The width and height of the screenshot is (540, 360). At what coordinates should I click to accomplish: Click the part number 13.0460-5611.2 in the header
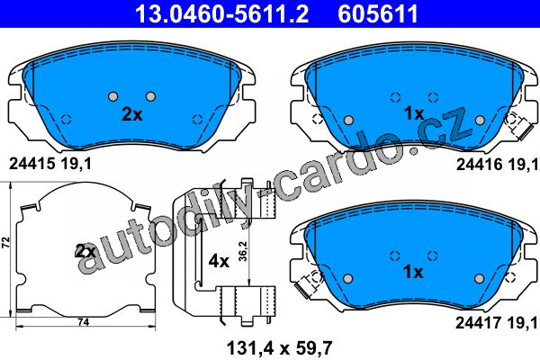(x=222, y=13)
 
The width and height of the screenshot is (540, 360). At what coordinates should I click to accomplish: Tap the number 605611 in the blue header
(x=378, y=13)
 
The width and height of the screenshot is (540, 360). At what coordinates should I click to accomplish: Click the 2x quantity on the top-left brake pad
(x=132, y=114)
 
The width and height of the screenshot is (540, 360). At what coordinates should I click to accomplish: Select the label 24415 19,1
(x=50, y=164)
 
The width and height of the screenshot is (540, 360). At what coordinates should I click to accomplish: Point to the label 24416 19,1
(x=497, y=165)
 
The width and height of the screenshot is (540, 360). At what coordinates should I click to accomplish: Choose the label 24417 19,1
(x=496, y=323)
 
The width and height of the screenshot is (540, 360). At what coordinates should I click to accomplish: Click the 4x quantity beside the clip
(x=219, y=262)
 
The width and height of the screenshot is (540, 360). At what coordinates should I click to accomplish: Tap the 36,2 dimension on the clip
(x=243, y=251)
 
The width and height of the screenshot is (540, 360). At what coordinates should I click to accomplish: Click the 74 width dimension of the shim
(x=84, y=322)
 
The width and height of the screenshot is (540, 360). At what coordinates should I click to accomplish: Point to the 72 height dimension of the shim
(x=6, y=242)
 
